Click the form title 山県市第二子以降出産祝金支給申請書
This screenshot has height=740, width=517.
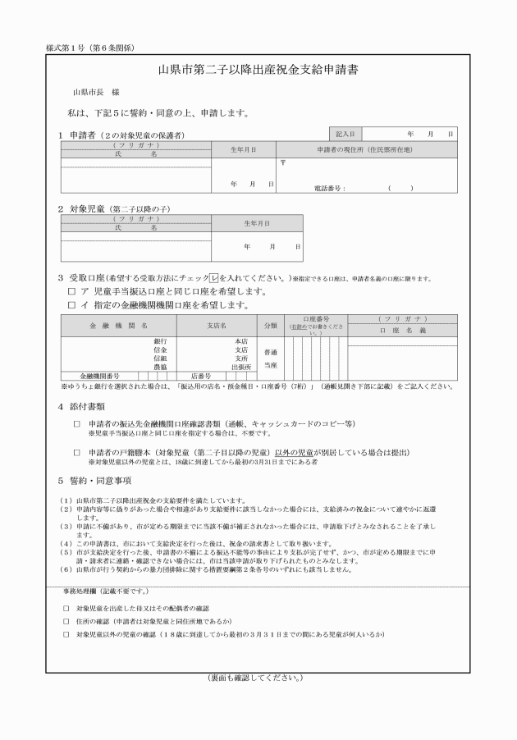point(258,70)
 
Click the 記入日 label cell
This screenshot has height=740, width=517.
point(345,132)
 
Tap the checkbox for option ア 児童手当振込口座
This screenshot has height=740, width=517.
point(71,291)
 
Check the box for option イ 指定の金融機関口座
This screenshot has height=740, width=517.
point(71,305)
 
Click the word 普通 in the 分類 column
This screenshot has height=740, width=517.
point(270,351)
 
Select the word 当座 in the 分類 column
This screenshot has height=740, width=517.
point(270,364)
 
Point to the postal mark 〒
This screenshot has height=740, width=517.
point(282,162)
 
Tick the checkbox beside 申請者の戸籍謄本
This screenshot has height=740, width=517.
point(76,453)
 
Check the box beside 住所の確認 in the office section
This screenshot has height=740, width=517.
point(66,621)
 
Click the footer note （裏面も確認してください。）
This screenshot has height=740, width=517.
point(258,678)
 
